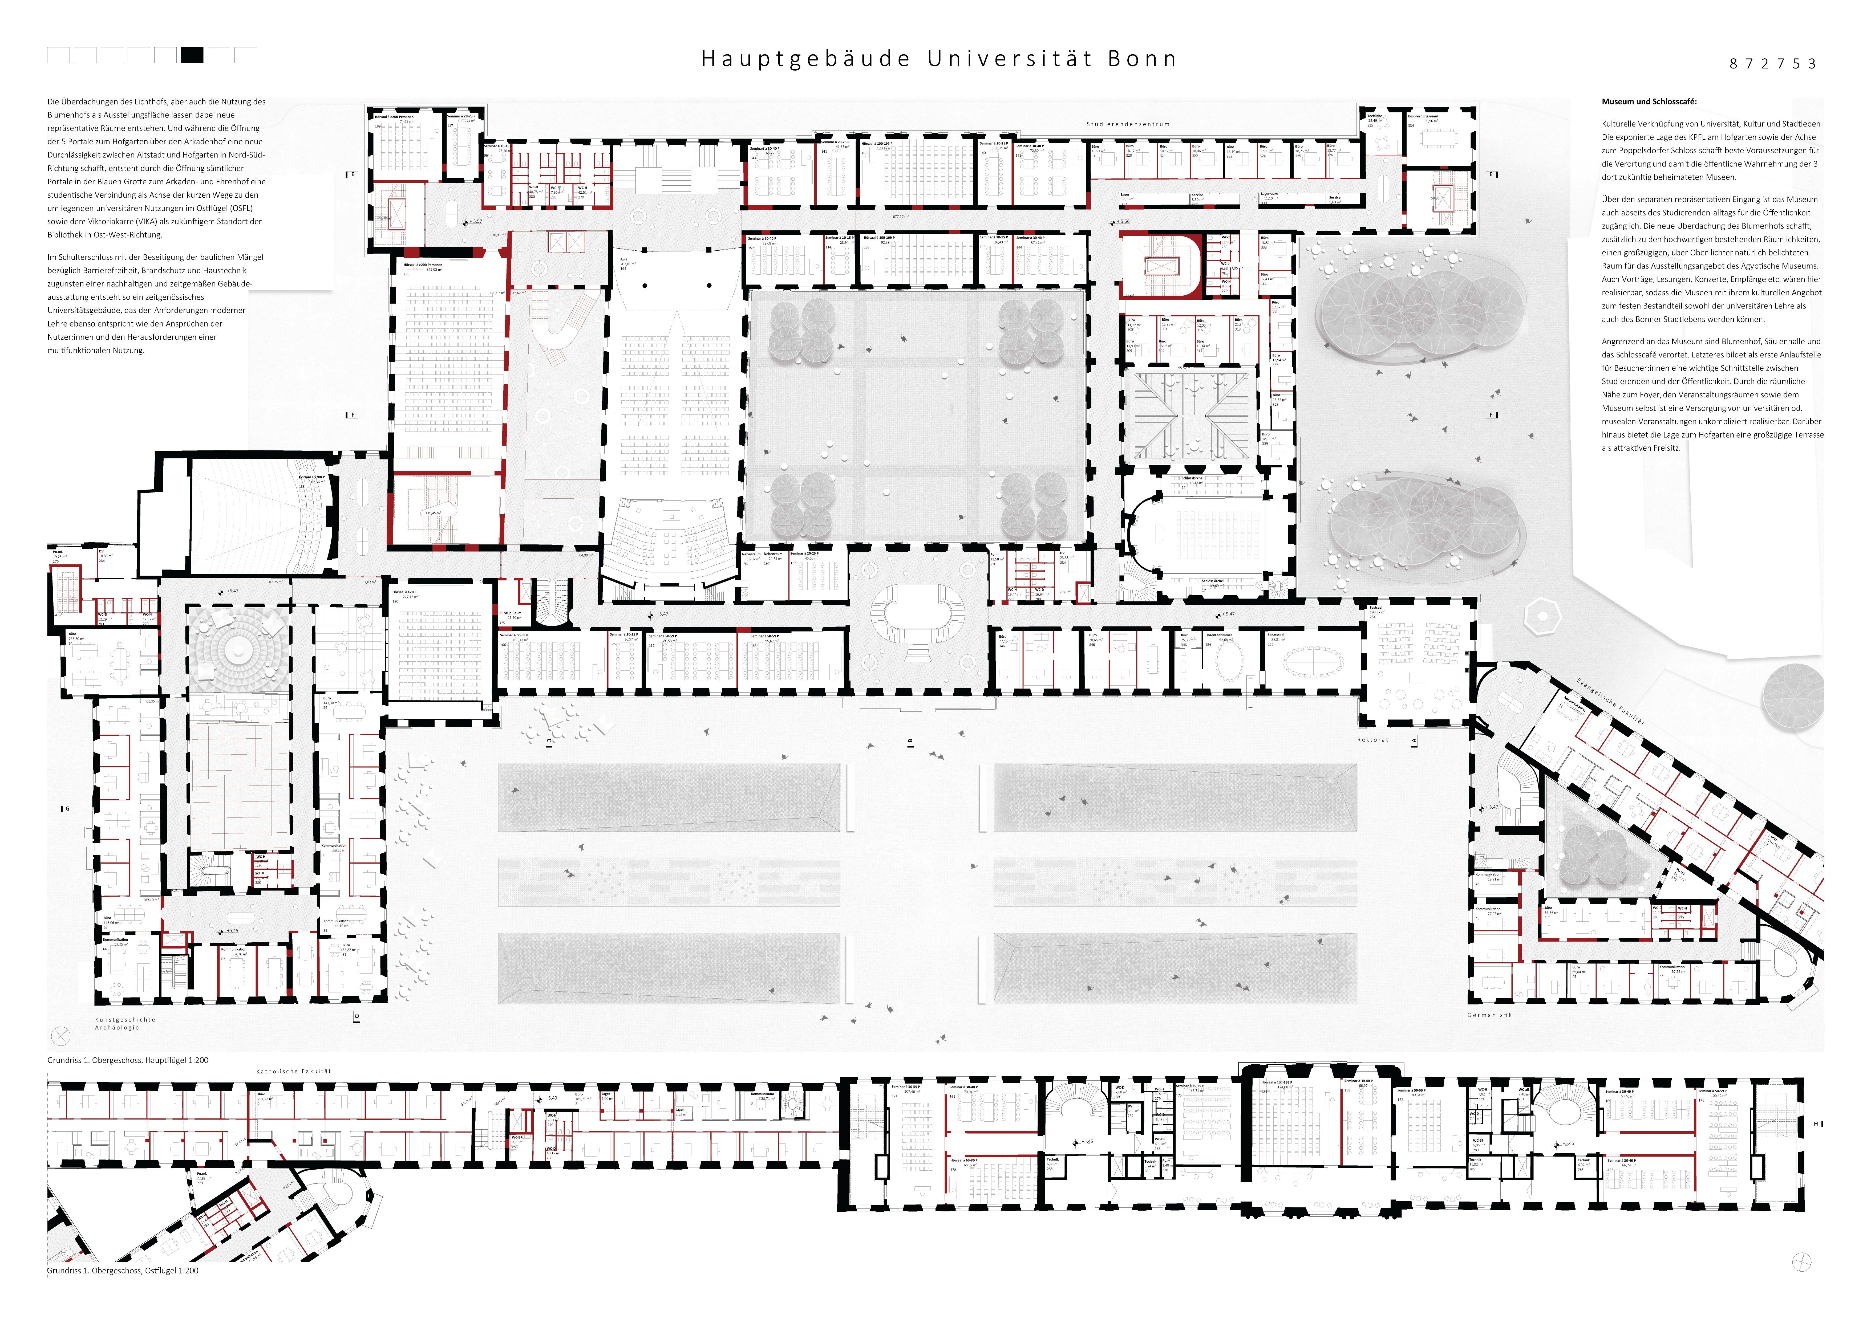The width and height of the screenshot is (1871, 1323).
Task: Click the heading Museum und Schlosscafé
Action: [x=1649, y=102]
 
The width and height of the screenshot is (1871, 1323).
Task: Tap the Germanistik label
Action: [x=1490, y=1015]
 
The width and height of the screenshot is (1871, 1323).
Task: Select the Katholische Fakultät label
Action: [x=293, y=1071]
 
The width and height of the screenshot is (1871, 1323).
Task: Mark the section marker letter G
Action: [x=68, y=809]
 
